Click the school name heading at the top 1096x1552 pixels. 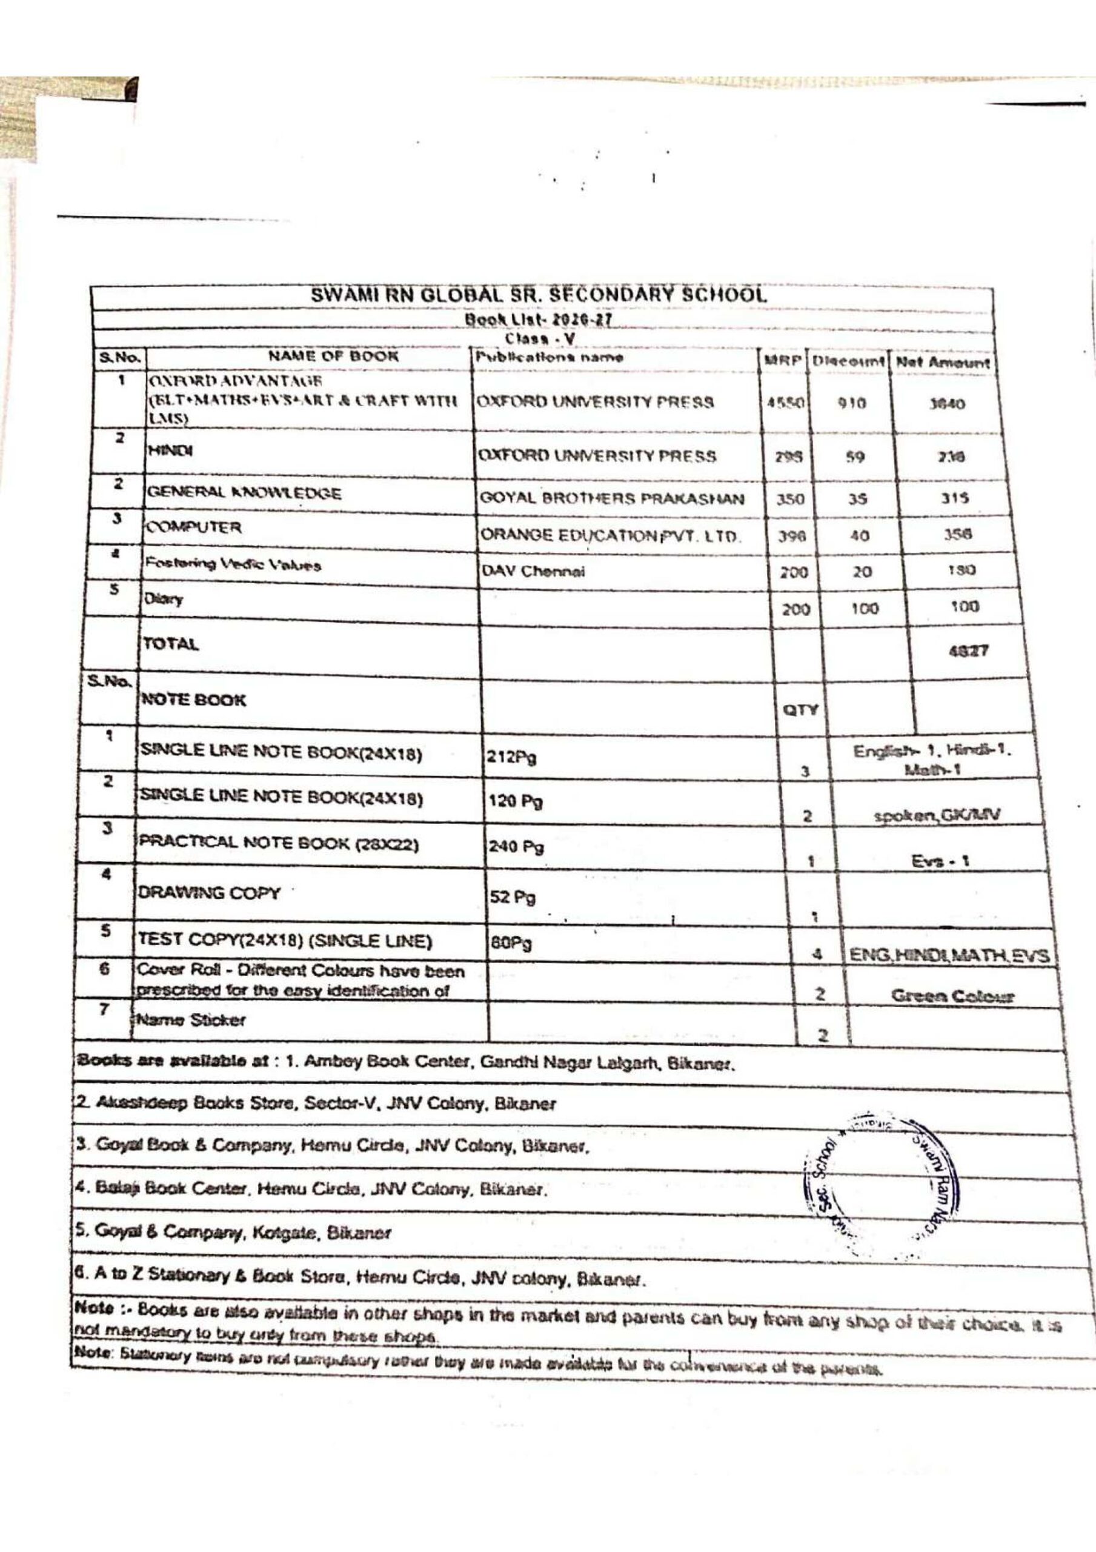pos(539,295)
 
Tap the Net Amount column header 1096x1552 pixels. pos(943,363)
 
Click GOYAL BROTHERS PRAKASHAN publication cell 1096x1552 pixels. pos(611,499)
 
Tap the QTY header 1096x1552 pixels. pos(801,710)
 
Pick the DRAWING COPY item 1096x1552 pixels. pos(209,893)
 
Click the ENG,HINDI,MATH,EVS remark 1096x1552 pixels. pos(949,956)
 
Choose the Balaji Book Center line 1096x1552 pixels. pos(311,1189)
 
